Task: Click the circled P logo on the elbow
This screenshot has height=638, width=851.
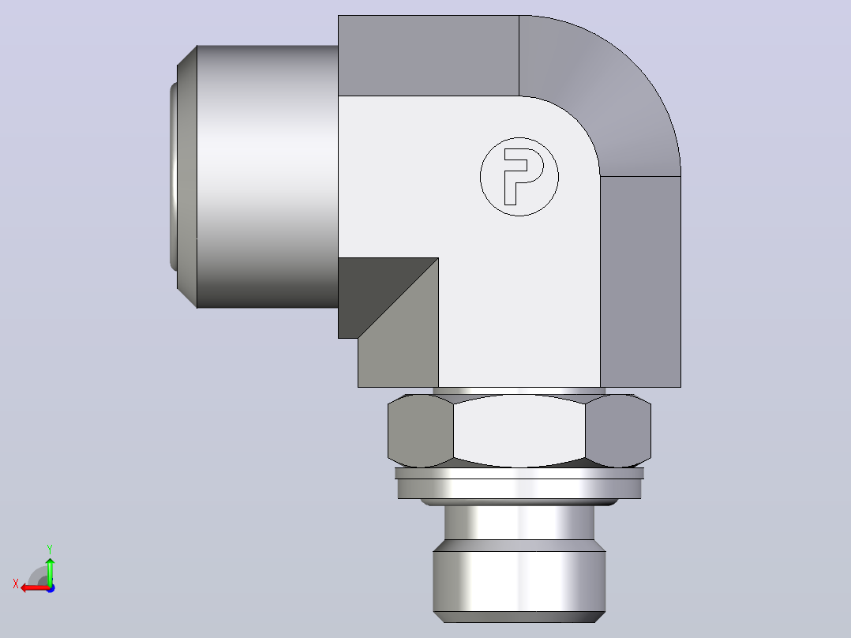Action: (519, 177)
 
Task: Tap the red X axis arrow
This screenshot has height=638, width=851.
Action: (36, 588)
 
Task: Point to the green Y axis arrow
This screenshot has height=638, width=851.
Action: (50, 571)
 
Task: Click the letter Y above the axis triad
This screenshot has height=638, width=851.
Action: (50, 550)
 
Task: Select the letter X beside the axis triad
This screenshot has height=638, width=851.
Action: (16, 584)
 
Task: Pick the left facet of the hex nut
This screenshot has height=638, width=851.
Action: (421, 430)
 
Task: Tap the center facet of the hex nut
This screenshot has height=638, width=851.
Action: (519, 430)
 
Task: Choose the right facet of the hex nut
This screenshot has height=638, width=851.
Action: (618, 430)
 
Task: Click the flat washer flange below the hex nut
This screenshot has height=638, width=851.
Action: (519, 483)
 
